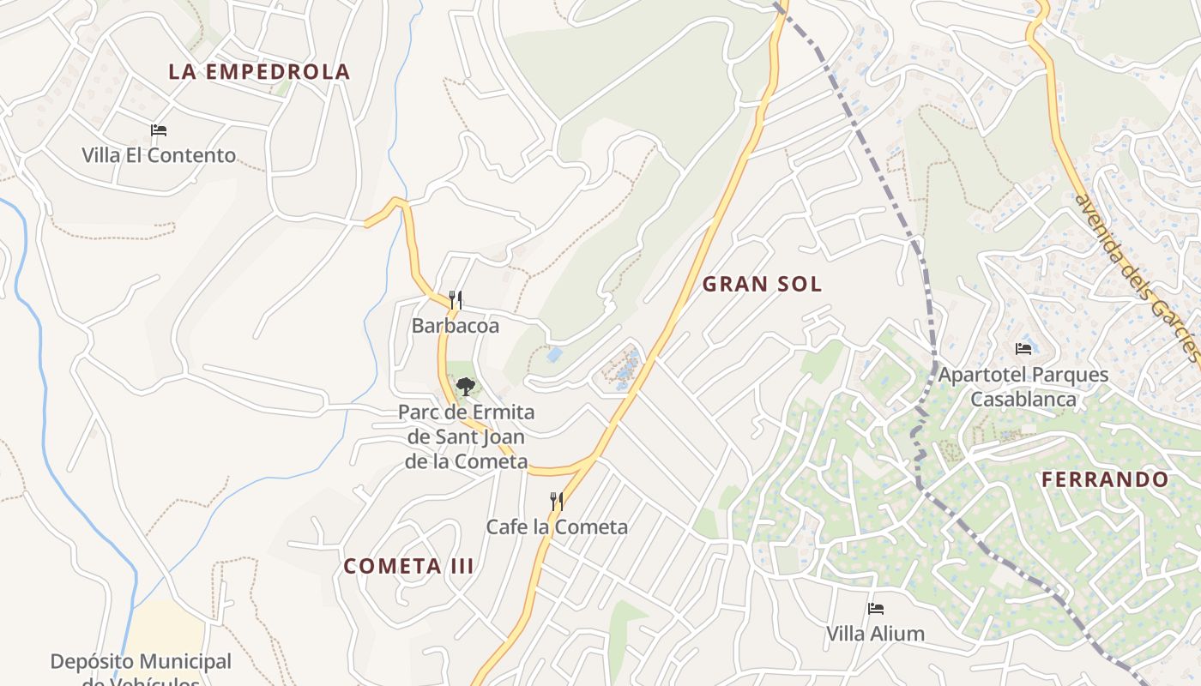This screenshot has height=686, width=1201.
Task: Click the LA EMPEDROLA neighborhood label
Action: click(x=259, y=72)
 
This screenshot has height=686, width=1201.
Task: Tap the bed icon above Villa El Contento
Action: click(x=159, y=130)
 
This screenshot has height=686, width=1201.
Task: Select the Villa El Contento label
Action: click(x=159, y=155)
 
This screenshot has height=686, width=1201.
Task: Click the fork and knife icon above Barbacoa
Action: click(x=456, y=300)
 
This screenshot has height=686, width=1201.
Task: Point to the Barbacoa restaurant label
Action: click(x=456, y=326)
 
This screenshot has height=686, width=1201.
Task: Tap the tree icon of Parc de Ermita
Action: click(x=466, y=387)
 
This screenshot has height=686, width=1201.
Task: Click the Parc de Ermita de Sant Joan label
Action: click(x=466, y=436)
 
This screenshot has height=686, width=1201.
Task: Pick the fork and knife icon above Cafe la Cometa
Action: click(x=557, y=501)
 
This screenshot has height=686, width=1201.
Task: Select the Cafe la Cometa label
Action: click(x=557, y=527)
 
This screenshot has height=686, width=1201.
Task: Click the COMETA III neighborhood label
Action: click(x=409, y=567)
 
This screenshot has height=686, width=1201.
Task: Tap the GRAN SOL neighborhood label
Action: click(x=763, y=285)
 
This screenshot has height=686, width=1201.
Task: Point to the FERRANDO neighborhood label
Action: click(x=1106, y=480)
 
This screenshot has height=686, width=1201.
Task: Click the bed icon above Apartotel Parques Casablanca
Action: click(x=1023, y=349)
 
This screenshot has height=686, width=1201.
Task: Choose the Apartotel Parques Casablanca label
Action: click(x=1023, y=387)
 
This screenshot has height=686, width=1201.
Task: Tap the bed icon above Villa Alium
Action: click(x=876, y=609)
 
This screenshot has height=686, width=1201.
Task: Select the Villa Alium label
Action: click(x=876, y=634)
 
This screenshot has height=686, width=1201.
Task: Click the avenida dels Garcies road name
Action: click(x=1138, y=278)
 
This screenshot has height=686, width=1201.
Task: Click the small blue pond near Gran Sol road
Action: click(x=555, y=354)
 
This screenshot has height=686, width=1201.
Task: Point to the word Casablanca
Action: click(x=1023, y=400)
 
